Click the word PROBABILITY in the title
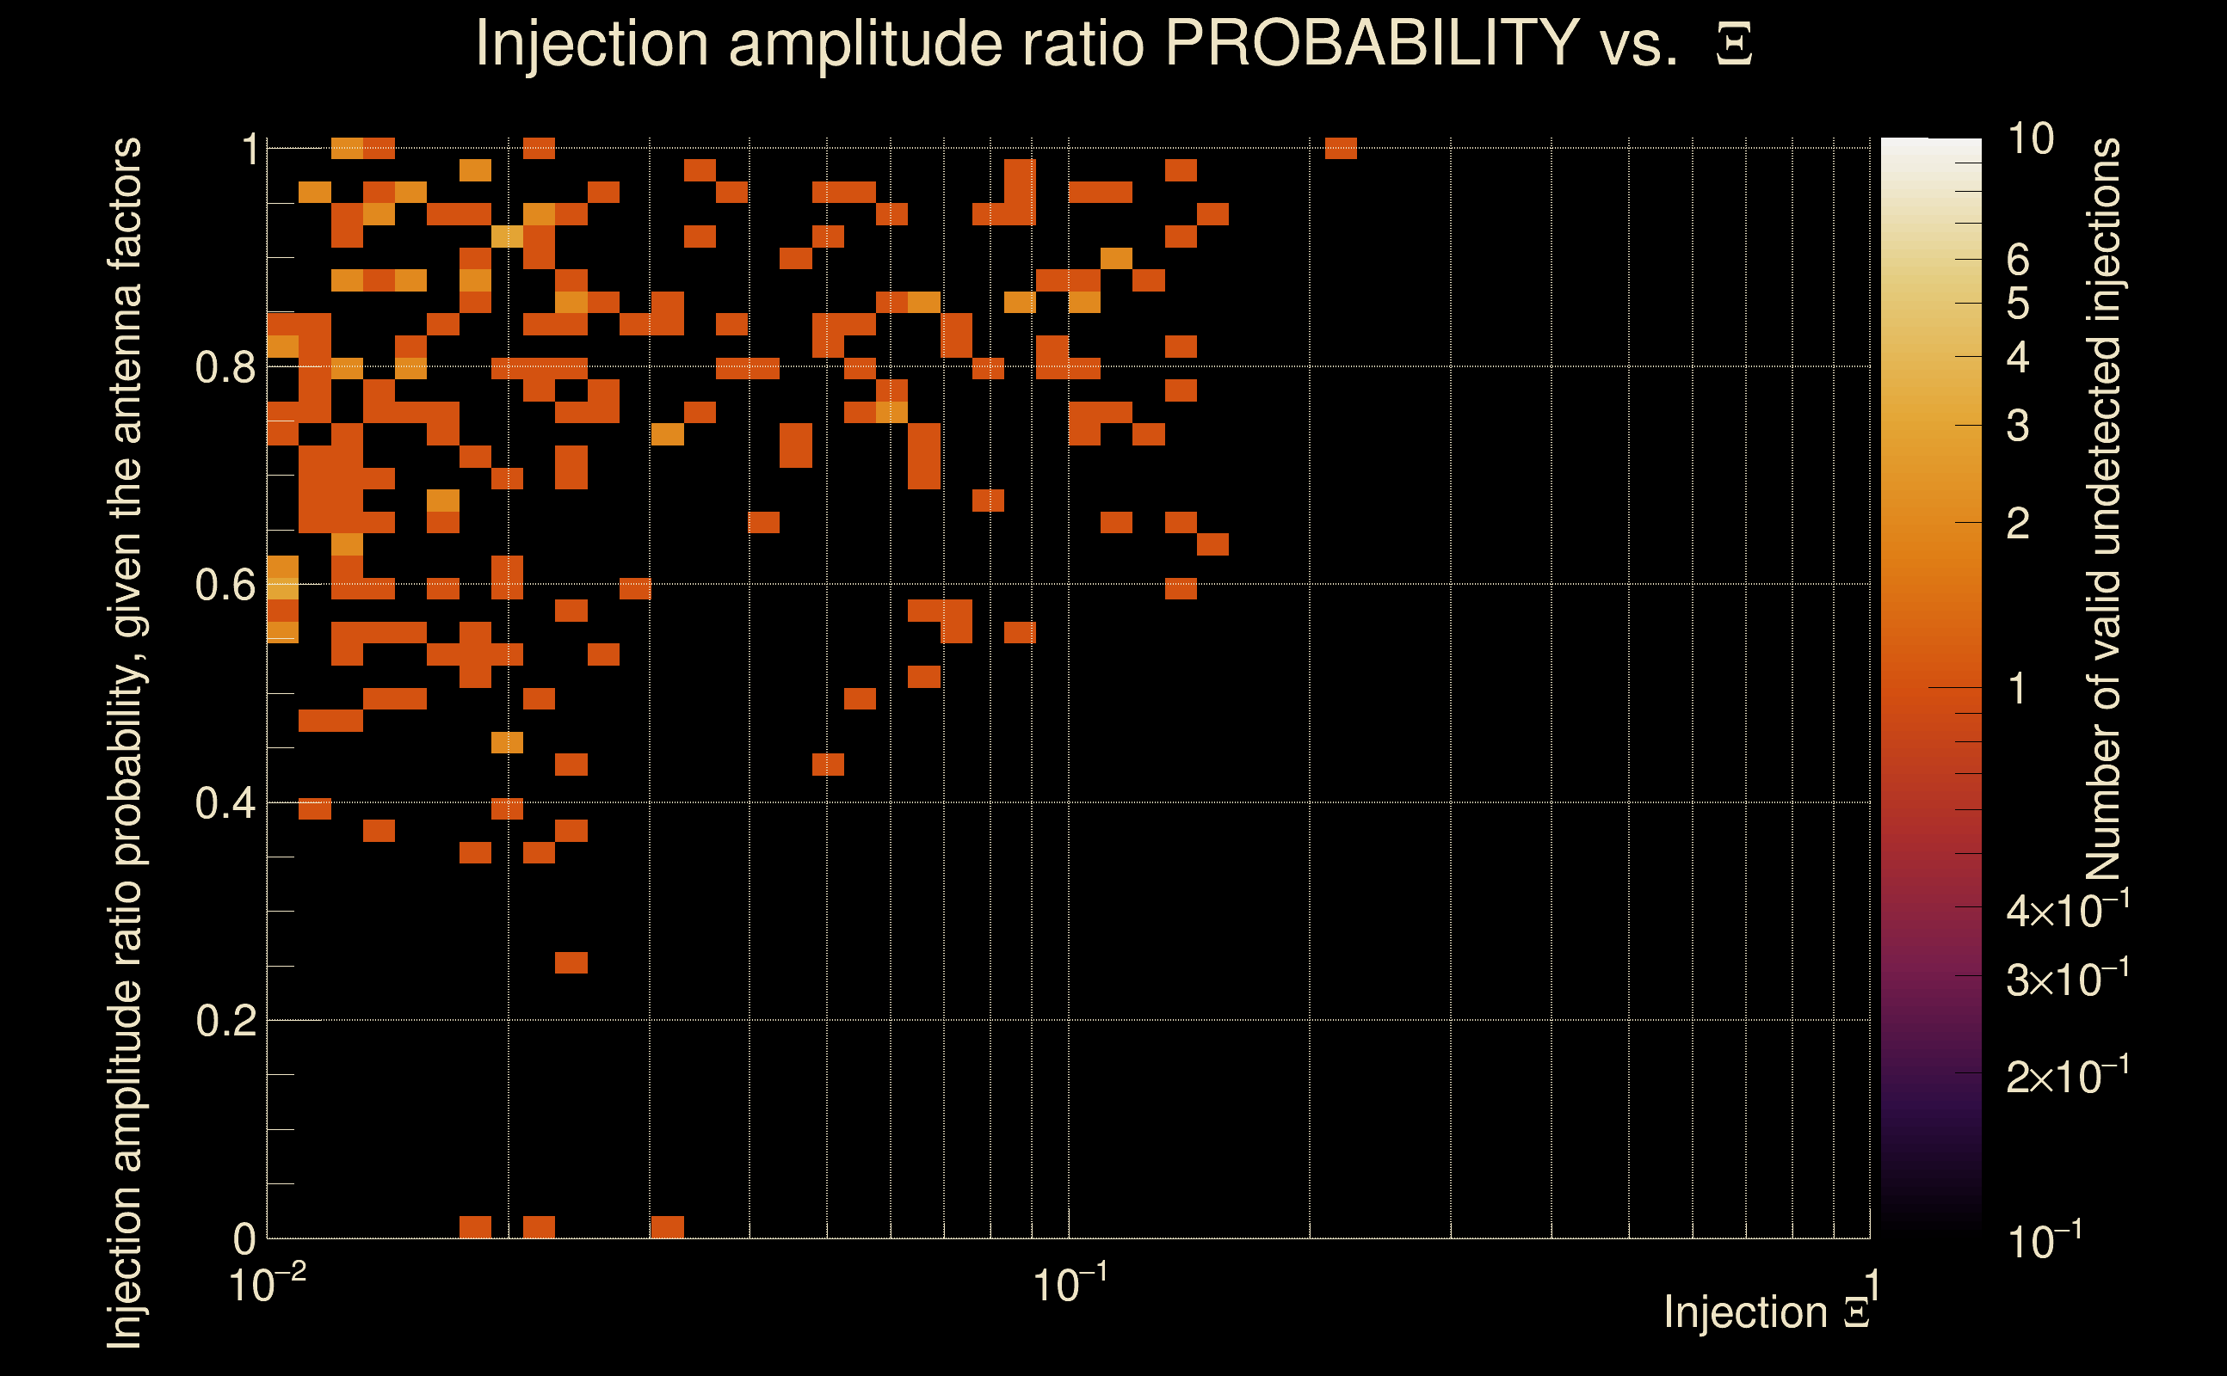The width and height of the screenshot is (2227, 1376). [x=1372, y=43]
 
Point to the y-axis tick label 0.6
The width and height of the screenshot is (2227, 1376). [x=225, y=585]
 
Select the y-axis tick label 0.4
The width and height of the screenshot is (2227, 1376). [x=225, y=803]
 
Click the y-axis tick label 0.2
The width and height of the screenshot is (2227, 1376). [x=225, y=1021]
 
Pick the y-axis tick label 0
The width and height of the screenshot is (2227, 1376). [x=244, y=1238]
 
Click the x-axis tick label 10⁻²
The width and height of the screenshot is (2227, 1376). [x=267, y=1285]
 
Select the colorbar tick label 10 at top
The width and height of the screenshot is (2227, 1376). [x=2029, y=139]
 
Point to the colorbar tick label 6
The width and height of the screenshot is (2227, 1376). [x=2018, y=261]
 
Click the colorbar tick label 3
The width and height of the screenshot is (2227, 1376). [x=2018, y=426]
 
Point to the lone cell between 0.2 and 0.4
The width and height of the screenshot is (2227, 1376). [x=571, y=963]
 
